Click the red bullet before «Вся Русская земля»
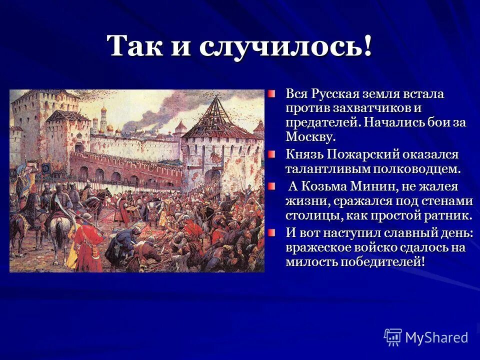point(270,94)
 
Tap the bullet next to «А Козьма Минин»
point(270,186)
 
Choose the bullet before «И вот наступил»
point(270,232)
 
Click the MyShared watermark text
point(436,337)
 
